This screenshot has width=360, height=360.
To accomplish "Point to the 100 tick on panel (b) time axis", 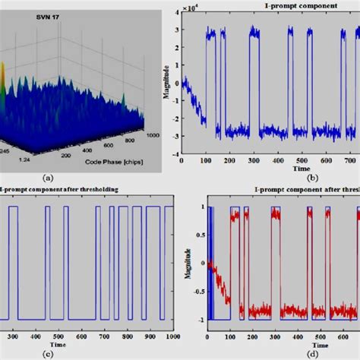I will click(206, 162).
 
